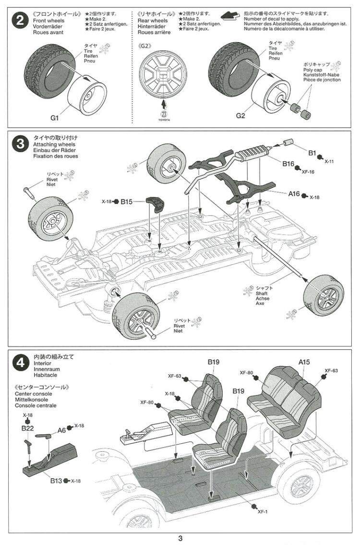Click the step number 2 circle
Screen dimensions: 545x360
20,22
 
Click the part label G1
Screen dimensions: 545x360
54,117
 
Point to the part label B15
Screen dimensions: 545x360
126,202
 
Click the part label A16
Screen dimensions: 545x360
294,195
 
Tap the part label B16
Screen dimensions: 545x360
288,164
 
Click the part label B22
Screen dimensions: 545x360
27,427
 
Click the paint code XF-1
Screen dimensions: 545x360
262,511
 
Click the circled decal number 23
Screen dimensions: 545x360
165,113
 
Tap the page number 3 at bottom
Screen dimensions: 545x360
180,538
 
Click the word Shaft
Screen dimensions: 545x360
262,293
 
